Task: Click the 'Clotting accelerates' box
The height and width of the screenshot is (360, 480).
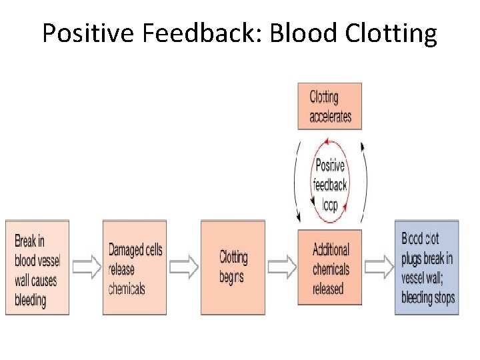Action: [329, 106]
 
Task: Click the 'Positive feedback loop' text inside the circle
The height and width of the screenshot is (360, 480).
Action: [330, 185]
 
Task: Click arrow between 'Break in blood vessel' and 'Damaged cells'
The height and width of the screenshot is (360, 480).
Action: [85, 267]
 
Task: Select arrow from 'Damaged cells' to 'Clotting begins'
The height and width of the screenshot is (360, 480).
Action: [183, 267]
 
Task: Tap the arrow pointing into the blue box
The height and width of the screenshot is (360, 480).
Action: [379, 267]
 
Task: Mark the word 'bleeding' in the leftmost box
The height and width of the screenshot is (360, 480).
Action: [31, 299]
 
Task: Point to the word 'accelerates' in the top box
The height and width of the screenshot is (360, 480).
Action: [330, 117]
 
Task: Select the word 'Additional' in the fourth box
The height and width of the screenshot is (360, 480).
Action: [331, 249]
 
